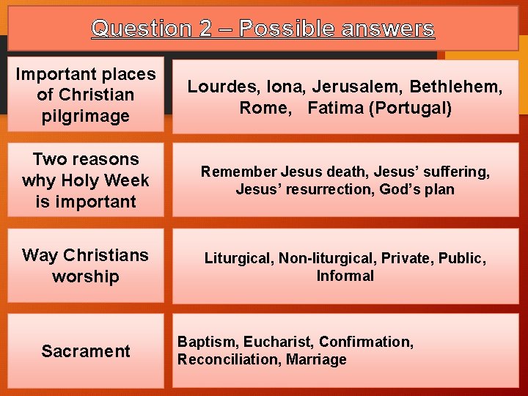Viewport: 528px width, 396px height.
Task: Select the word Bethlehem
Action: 455,87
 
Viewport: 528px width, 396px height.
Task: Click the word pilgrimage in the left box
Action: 86,116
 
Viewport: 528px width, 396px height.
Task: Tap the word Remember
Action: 234,172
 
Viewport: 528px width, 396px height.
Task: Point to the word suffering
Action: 461,172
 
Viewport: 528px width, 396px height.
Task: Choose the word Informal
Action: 345,276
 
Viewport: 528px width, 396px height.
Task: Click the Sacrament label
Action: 86,351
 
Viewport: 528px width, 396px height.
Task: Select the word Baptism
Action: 208,342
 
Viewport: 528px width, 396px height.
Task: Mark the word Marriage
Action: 318,359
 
